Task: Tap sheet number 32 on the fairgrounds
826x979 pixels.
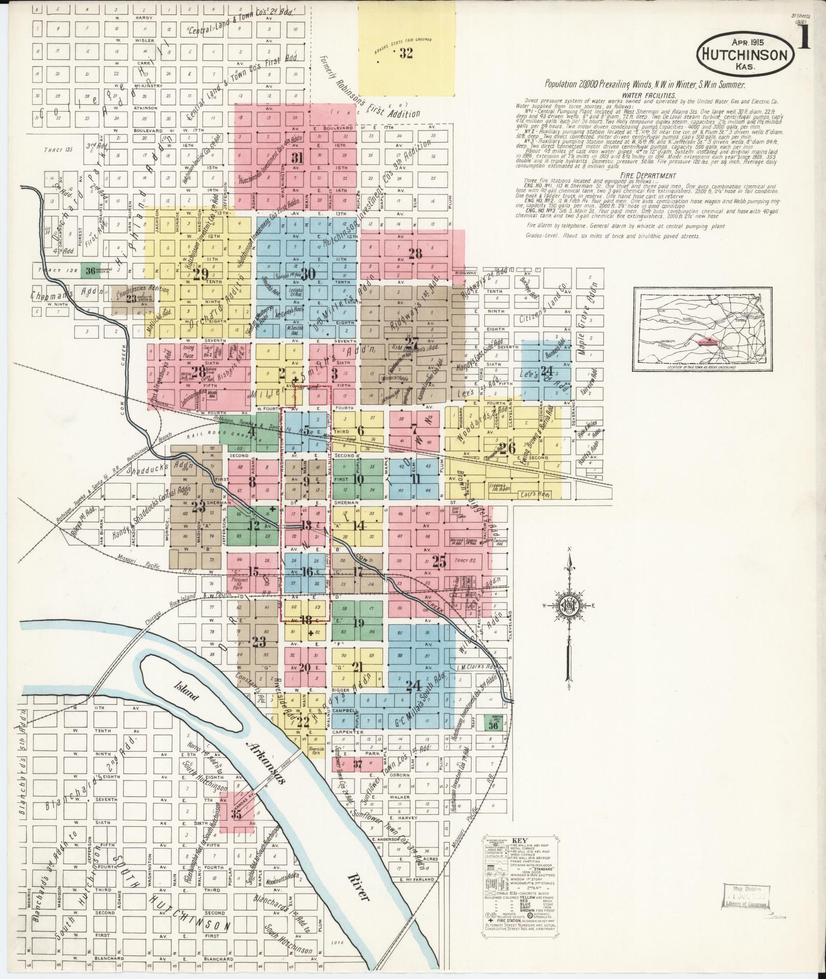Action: click(x=406, y=53)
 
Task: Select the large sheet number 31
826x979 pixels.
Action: click(x=296, y=158)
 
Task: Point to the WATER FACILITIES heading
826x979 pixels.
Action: click(x=649, y=95)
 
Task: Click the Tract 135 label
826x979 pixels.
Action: click(x=59, y=150)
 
